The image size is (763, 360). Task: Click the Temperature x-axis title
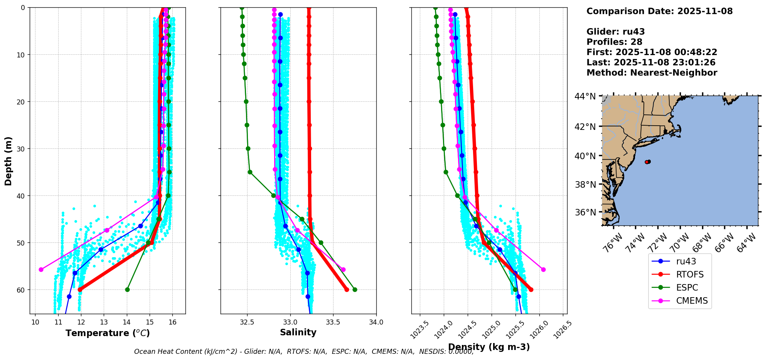(x=108, y=333)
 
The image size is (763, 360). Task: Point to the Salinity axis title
(x=298, y=332)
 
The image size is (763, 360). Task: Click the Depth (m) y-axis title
(x=8, y=161)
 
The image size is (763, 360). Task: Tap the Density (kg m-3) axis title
(x=489, y=347)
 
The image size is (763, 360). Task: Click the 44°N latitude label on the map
(x=585, y=96)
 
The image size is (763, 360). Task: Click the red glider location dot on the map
(x=647, y=162)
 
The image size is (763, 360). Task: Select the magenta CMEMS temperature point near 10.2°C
(x=41, y=269)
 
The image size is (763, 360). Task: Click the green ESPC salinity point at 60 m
(x=355, y=289)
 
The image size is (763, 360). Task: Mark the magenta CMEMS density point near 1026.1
(x=543, y=269)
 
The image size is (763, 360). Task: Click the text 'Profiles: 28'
(x=614, y=42)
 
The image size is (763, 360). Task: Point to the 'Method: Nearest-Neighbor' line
(x=652, y=73)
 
